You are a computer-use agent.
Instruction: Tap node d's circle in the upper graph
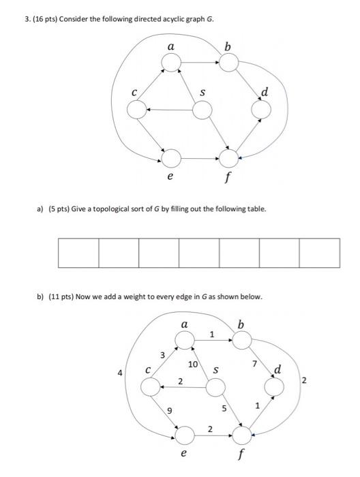[261, 109]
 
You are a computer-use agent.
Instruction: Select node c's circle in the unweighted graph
[136, 109]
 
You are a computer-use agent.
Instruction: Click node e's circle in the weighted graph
[183, 432]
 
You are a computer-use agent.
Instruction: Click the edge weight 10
[194, 365]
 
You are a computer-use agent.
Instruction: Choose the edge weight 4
[121, 373]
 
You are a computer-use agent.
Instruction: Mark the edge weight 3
[162, 355]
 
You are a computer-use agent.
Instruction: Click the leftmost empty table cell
[78, 253]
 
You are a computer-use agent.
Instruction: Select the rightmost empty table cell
[319, 253]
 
